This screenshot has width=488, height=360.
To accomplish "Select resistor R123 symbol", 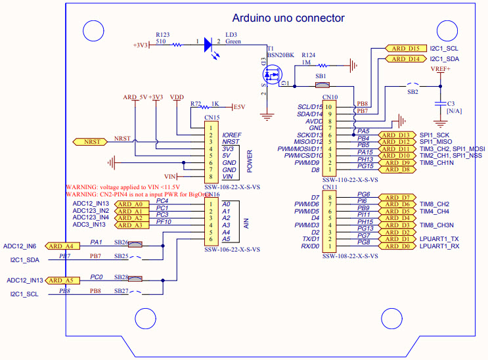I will point(177,45).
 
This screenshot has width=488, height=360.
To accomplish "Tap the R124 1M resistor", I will point(322,65).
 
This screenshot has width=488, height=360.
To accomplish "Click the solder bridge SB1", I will point(321,85).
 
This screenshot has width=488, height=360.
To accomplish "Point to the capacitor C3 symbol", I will point(440,104).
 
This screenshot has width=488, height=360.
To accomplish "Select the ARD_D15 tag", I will point(405,49).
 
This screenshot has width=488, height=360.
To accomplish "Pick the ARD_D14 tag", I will point(405,59).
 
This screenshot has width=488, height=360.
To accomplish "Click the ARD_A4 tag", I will point(63,246).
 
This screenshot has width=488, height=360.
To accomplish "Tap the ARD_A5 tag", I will point(63,281).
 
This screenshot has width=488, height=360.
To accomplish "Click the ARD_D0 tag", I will point(398,246).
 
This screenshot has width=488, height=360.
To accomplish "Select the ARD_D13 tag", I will point(398,135).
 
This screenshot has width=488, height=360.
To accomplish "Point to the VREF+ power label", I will point(440,68).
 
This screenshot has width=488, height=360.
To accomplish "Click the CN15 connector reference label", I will point(211,118).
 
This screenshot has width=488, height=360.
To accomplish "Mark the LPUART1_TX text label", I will point(439,238).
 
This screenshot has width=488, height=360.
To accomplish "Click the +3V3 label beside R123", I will point(141,45).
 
